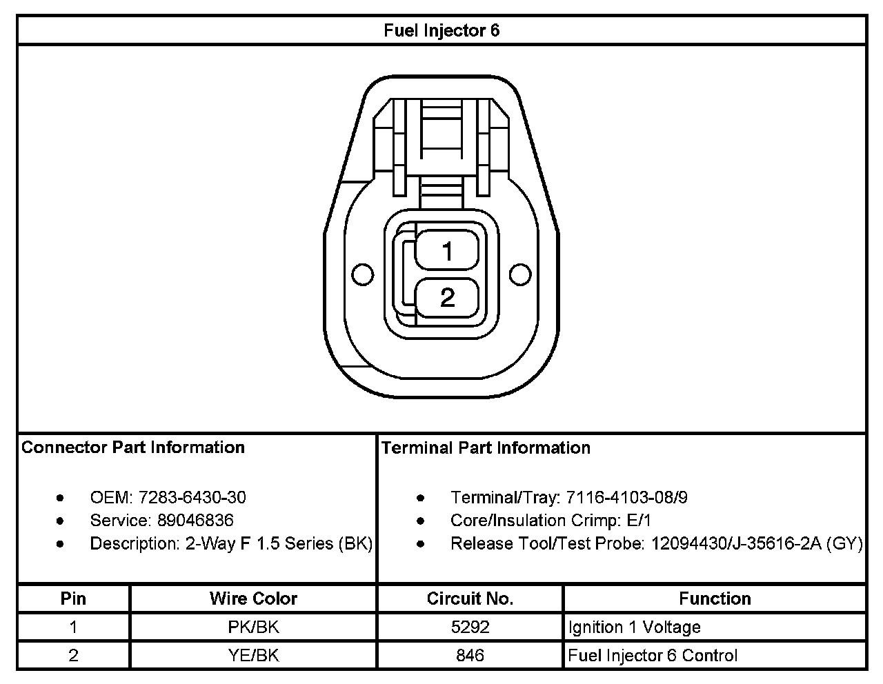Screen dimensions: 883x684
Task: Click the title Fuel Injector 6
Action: point(441,31)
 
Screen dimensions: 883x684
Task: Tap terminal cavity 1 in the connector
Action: point(447,250)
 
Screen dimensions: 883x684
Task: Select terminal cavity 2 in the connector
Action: point(447,297)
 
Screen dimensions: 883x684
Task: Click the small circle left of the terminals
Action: point(362,274)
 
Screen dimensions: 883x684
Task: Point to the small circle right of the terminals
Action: point(520,274)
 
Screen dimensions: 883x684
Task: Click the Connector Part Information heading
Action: point(133,447)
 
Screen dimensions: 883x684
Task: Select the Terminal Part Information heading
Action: point(486,448)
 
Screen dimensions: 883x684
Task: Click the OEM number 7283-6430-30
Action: point(192,497)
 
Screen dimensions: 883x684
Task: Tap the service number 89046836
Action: point(195,520)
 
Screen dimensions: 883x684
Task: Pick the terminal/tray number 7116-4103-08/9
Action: point(626,497)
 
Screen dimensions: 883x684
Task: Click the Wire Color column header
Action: point(253,598)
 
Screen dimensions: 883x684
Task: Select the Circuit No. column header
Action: point(470,598)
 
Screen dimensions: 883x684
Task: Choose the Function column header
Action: point(715,598)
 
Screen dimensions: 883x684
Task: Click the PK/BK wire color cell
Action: point(253,627)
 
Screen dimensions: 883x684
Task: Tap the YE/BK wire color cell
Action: point(253,655)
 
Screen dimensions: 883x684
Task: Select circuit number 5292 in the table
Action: point(470,627)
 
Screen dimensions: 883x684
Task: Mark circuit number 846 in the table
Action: point(470,655)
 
